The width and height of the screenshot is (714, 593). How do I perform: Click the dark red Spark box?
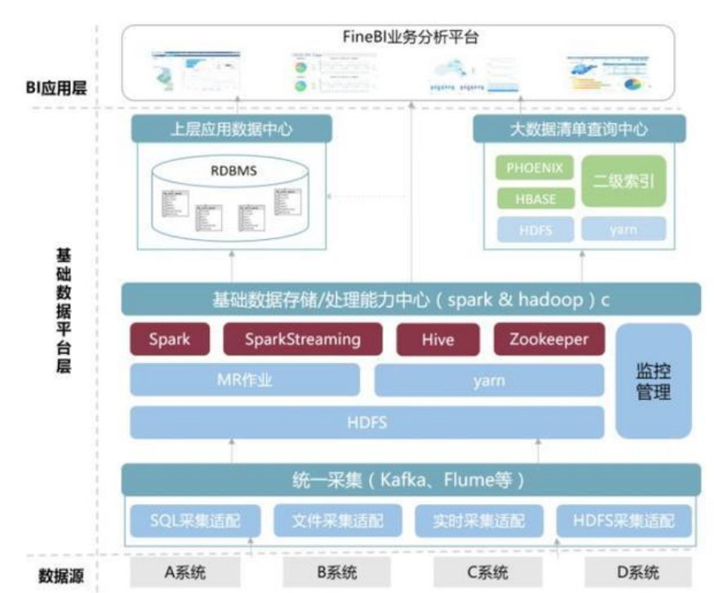[170, 339]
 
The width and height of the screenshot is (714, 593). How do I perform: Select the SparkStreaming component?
[303, 339]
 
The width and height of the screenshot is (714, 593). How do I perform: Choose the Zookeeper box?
[548, 339]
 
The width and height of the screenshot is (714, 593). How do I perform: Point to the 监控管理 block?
[653, 381]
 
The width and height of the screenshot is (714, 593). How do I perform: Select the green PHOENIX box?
[534, 169]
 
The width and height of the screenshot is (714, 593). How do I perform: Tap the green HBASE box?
[534, 199]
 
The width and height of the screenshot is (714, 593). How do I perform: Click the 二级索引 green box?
[623, 181]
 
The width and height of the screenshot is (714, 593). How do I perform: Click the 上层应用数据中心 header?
[232, 129]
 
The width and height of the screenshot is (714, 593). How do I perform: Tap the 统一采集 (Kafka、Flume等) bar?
[410, 479]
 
